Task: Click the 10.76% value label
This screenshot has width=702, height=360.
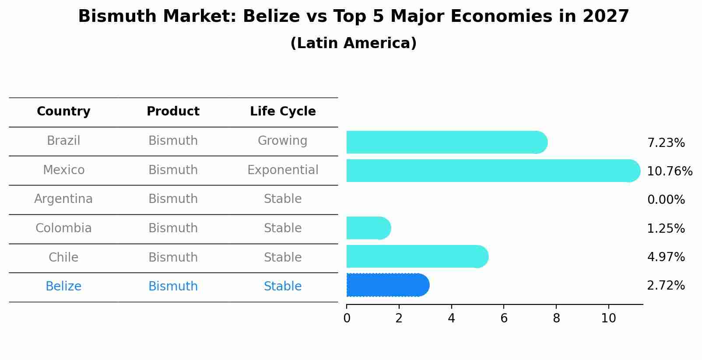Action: [x=669, y=171]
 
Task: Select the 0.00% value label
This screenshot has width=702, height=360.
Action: [x=666, y=200]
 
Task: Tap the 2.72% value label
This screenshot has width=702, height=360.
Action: [x=666, y=286]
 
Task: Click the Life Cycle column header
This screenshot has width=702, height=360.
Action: [x=283, y=112]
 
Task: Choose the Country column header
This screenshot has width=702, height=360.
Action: [x=63, y=112]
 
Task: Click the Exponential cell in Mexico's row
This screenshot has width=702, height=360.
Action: [x=283, y=170]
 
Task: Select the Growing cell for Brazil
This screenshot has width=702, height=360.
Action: [x=282, y=141]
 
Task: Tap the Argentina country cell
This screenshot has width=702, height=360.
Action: [x=63, y=199]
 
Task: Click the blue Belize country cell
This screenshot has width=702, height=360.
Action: [x=63, y=287]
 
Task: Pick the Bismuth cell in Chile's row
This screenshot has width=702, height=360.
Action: [x=173, y=257]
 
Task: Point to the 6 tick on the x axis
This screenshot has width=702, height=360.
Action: [x=504, y=318]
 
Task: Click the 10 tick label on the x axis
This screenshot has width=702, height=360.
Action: [x=608, y=318]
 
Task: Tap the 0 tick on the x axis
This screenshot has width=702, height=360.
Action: [x=347, y=318]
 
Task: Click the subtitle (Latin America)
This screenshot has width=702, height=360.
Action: [x=353, y=43]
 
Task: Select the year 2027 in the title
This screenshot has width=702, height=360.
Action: [x=606, y=17]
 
